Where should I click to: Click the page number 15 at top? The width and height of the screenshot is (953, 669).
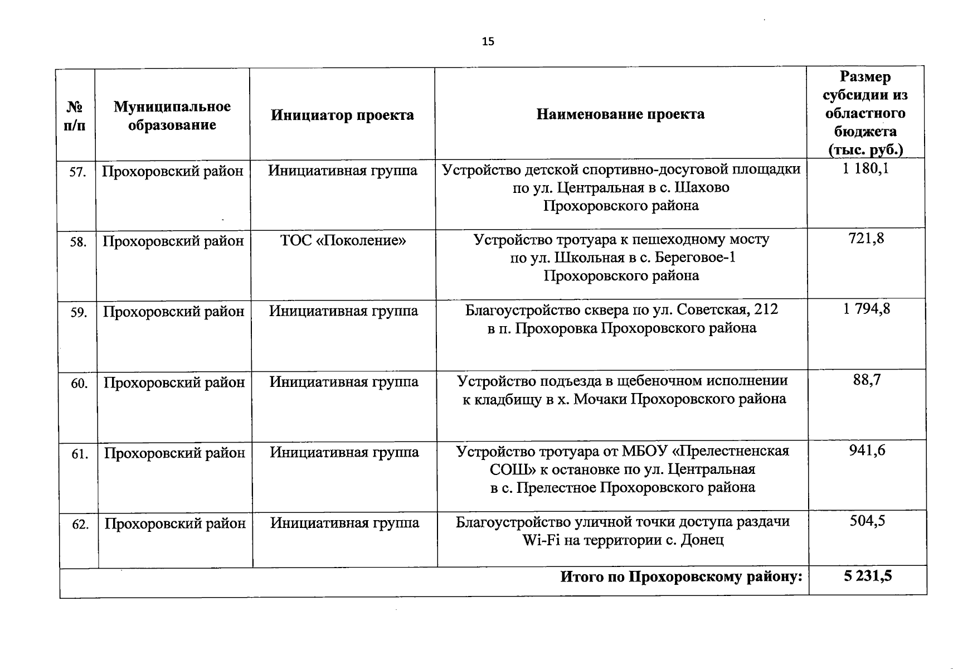pyautogui.click(x=488, y=42)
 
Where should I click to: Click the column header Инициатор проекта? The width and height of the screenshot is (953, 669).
pyautogui.click(x=342, y=115)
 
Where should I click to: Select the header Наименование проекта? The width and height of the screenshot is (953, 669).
pyautogui.click(x=620, y=114)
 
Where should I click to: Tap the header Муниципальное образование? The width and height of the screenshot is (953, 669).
pyautogui.click(x=172, y=115)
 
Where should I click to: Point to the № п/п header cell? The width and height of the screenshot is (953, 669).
pyautogui.click(x=75, y=115)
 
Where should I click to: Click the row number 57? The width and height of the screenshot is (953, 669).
pyautogui.click(x=77, y=172)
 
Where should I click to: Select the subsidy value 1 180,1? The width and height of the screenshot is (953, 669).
pyautogui.click(x=866, y=168)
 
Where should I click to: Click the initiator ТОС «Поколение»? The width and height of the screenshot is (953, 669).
pyautogui.click(x=343, y=241)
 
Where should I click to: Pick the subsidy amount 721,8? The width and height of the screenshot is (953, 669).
pyautogui.click(x=866, y=239)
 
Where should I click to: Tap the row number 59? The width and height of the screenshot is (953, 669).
pyautogui.click(x=79, y=313)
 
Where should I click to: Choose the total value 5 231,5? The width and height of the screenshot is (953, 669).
pyautogui.click(x=868, y=576)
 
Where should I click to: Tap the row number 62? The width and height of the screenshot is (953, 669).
pyautogui.click(x=80, y=525)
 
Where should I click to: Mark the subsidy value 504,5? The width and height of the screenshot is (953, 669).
pyautogui.click(x=868, y=521)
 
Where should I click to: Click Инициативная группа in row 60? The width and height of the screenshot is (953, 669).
pyautogui.click(x=344, y=382)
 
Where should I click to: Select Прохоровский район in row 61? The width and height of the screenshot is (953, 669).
pyautogui.click(x=174, y=453)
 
